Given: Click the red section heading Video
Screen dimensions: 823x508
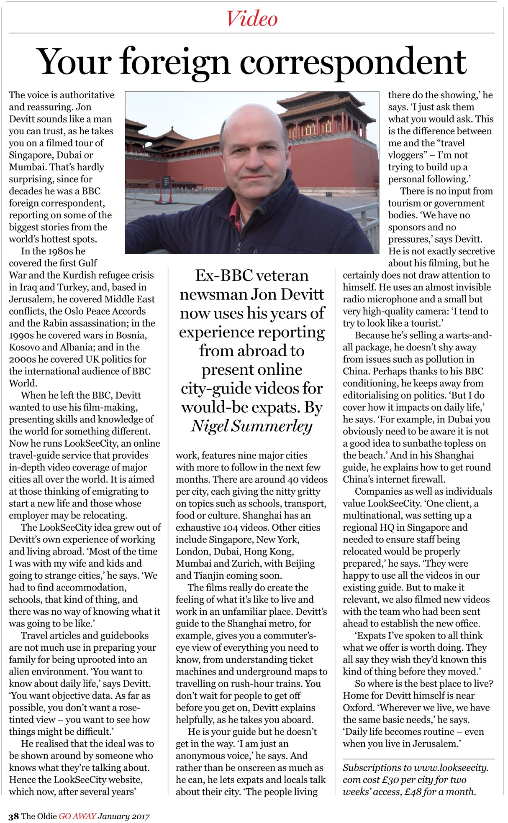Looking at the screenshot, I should point(252,19).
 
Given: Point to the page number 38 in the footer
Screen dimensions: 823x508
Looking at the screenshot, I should point(13,816).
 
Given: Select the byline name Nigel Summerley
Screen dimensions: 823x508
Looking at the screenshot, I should point(252,426).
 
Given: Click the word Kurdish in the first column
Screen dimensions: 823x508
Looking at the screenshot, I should point(80,275).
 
